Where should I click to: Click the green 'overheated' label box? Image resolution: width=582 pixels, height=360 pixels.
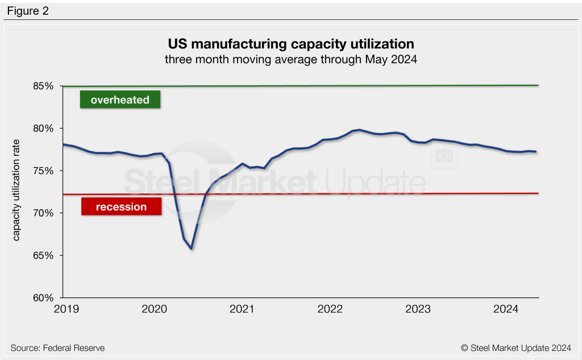(120, 100)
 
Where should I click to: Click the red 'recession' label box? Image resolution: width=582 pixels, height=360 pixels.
(121, 206)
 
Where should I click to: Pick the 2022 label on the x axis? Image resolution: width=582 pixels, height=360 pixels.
(330, 309)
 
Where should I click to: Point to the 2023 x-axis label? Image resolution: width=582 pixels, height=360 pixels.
(418, 309)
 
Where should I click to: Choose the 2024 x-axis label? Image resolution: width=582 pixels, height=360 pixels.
(506, 309)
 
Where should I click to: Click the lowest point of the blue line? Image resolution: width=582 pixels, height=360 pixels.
(192, 249)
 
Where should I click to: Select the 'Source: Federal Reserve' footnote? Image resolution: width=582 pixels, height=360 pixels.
(57, 347)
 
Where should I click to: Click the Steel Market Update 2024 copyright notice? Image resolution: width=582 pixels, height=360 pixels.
(516, 347)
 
